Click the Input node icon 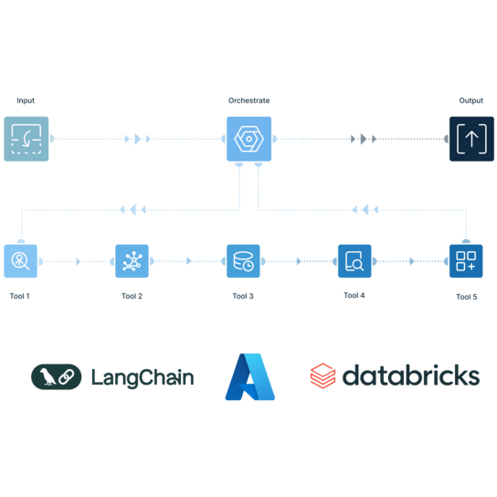[26, 139]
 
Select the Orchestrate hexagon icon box [248, 139]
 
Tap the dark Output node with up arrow [471, 139]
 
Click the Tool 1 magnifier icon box [21, 261]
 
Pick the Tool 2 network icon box [132, 261]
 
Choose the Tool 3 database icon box [243, 261]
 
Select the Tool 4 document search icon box [354, 261]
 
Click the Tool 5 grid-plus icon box [466, 261]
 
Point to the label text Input [26, 100]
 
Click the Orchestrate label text [249, 100]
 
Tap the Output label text [471, 100]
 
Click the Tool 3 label [243, 296]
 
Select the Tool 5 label [467, 297]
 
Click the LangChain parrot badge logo [57, 376]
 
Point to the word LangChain [143, 377]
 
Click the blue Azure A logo [250, 376]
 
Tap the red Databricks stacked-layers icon [323, 375]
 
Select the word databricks [411, 375]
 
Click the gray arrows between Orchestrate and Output [364, 139]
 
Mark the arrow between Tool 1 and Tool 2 [78, 261]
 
